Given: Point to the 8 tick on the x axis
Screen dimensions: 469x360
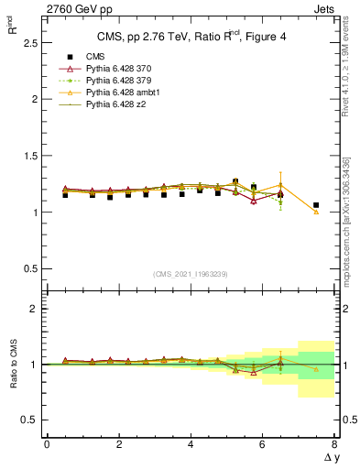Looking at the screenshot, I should [335, 444].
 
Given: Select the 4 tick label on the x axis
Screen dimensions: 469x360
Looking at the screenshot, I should [191, 444].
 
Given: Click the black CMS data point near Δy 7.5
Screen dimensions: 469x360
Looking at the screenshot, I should [316, 205].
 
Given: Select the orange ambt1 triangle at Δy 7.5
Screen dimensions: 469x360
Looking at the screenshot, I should [316, 212].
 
